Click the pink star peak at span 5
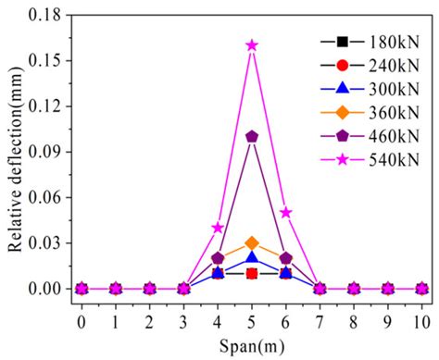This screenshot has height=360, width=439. click(252, 44)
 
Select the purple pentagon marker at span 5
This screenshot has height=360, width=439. click(252, 136)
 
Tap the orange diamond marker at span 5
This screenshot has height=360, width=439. click(252, 242)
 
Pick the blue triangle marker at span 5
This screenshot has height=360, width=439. click(252, 257)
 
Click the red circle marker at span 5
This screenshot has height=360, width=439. click(252, 273)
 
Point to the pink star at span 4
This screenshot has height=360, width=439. click(218, 227)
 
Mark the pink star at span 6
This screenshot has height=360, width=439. click(286, 212)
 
